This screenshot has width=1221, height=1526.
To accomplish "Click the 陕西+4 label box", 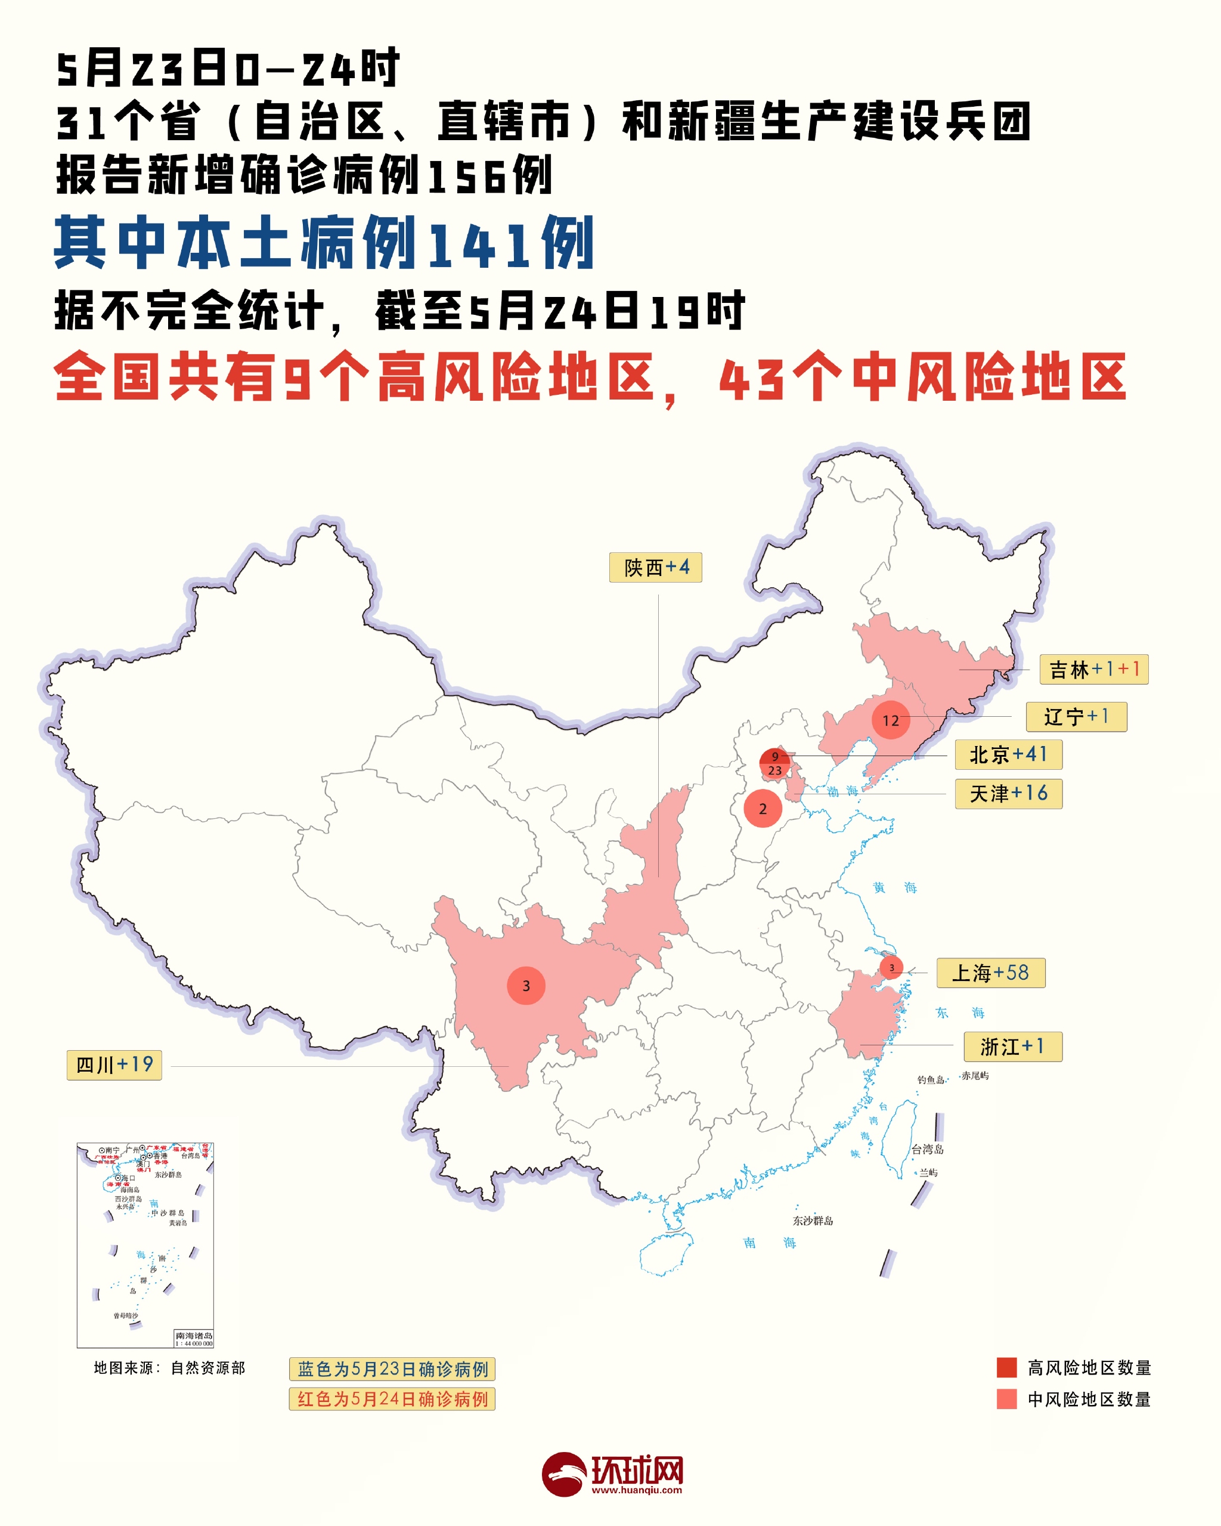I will point(655,567).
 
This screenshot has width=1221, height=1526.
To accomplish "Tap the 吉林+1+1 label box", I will point(1093,669).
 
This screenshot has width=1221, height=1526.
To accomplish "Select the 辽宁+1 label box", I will point(1076,717).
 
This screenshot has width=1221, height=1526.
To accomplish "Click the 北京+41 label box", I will point(1008,754).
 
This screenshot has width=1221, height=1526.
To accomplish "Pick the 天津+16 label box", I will point(1008,794).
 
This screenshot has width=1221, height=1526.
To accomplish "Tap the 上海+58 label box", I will point(990,973).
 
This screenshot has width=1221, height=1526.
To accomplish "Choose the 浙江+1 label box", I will point(1012,1046).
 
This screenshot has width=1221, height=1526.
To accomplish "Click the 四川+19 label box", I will point(114,1064).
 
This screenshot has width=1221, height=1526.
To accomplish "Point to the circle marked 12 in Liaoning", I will point(891,720).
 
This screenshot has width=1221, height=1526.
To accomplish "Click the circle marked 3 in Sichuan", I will point(526,985).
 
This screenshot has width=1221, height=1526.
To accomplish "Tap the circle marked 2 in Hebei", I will point(763,808).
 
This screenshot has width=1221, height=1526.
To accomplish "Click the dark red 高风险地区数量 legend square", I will point(1006,1367).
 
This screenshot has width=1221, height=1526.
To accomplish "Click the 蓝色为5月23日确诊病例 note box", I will point(392,1369).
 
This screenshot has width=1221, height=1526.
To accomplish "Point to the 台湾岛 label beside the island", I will point(926,1150).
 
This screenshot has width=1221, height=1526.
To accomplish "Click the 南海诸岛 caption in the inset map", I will point(193,1336).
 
